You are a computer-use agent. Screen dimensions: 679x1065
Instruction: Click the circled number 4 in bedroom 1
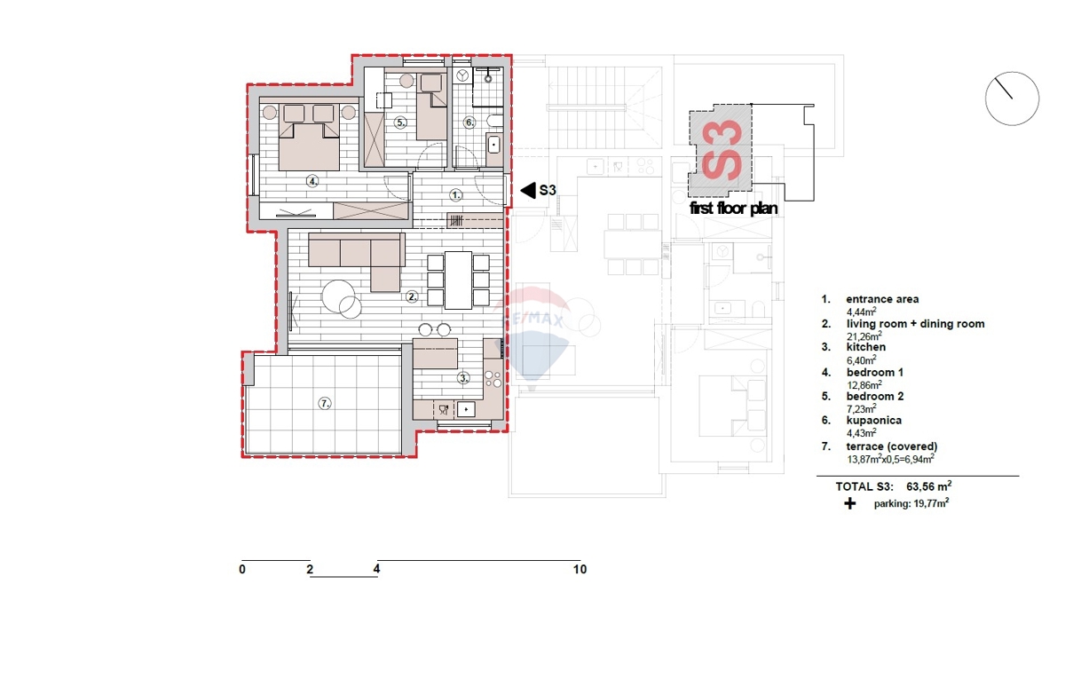pos(312,180)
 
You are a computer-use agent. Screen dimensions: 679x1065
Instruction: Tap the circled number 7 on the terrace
pos(325,403)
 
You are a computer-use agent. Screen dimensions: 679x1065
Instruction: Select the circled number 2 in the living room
pos(412,297)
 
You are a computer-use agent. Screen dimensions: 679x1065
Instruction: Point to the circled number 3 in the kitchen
pos(463,377)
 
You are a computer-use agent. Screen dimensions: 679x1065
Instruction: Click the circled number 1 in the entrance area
pos(455,193)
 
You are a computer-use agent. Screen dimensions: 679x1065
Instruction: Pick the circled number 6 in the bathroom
pos(469,122)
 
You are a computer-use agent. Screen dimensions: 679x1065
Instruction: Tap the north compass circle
pos(1012,99)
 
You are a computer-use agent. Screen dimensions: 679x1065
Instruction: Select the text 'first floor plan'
pos(734,209)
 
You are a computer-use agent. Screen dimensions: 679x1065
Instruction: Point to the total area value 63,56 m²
pos(929,486)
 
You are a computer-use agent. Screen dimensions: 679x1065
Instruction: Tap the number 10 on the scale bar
pos(580,570)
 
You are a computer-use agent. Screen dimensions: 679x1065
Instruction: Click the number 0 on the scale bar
pos(241,570)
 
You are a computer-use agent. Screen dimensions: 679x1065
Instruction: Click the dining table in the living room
pos(459,280)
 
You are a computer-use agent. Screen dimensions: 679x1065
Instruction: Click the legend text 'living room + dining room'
pos(915,324)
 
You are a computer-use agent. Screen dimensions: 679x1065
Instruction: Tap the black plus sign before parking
pos(850,504)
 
